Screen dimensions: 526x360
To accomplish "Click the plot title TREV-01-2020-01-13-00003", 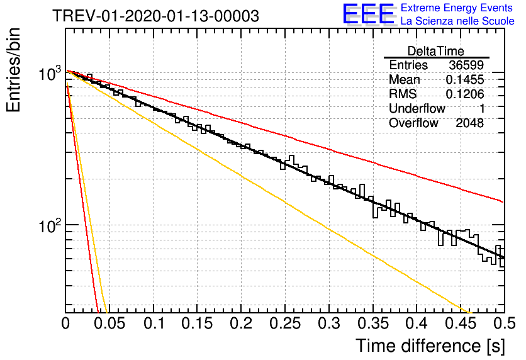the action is coord(155,16).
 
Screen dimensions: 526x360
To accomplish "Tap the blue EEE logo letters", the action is coord(368,14).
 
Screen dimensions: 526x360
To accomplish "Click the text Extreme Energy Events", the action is coord(457,8).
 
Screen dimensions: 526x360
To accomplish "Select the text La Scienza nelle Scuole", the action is coord(457,21).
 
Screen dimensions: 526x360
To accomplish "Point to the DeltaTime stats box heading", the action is coord(435,51).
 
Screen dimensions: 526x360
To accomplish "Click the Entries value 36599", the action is coord(466,65).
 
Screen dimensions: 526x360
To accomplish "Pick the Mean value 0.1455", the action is coord(465,79).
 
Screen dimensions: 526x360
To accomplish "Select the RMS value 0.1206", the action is coord(465,94).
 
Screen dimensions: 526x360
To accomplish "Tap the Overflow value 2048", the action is coord(469,123).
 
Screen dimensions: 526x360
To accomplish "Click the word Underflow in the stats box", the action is coord(417,108).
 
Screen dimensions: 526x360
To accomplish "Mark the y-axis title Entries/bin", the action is coord(13,70).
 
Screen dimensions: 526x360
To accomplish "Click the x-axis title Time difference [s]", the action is coord(430,346).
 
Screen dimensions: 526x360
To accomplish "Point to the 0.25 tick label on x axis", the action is coord(285,323).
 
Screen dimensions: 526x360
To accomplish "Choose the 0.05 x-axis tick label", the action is coord(109,323).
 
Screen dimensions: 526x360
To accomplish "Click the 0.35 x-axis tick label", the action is coord(373,323).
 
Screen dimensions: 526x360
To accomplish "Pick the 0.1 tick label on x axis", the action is coord(154,323).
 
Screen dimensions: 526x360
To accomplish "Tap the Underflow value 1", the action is coord(482,108).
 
